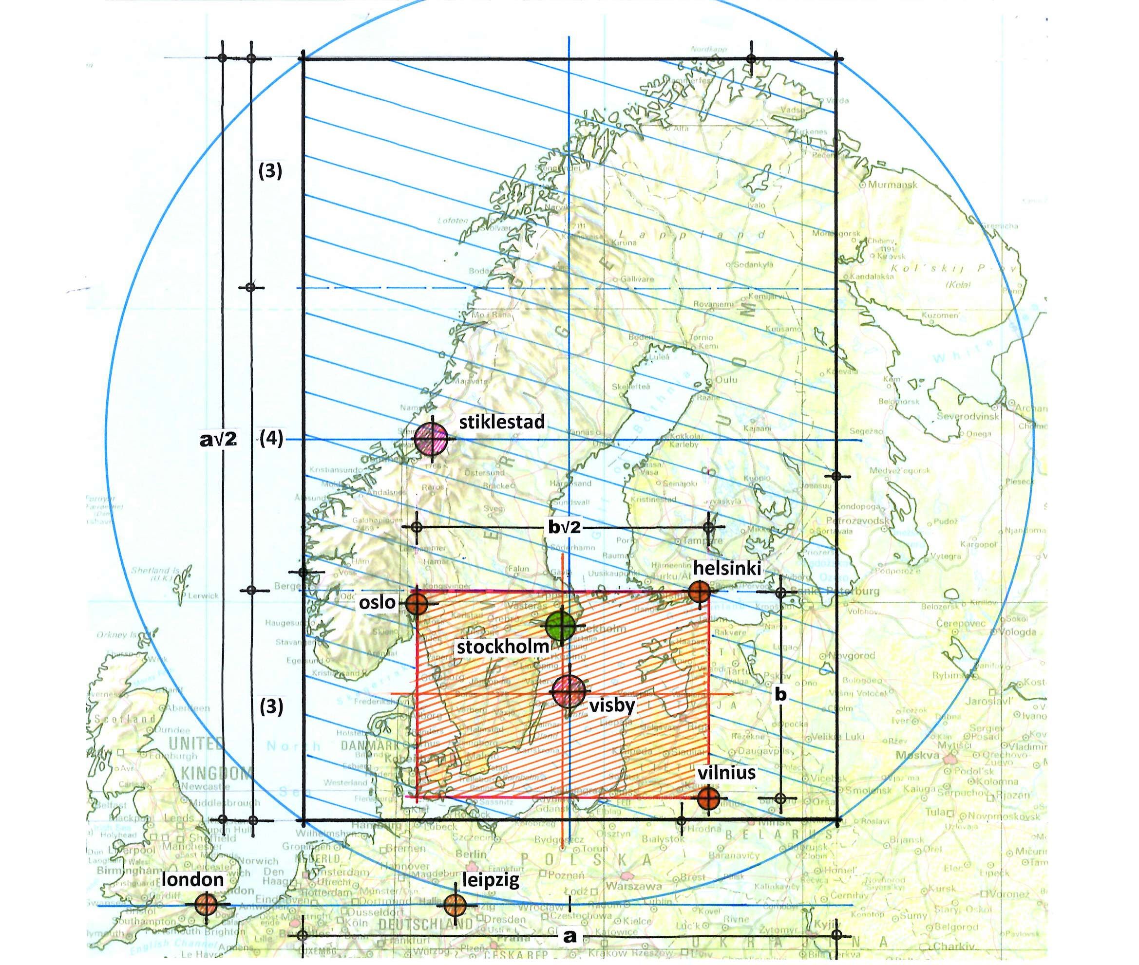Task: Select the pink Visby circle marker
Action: tap(568, 691)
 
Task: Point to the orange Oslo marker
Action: tap(417, 603)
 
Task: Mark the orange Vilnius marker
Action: tap(708, 797)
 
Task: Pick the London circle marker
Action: tap(207, 903)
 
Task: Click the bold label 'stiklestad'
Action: tap(502, 422)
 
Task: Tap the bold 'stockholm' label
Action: tap(502, 647)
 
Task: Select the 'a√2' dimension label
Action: tap(218, 439)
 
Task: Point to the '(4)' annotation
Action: tap(271, 439)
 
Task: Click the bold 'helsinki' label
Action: tap(727, 568)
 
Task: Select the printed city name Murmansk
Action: tap(892, 185)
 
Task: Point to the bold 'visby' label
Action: tap(612, 705)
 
